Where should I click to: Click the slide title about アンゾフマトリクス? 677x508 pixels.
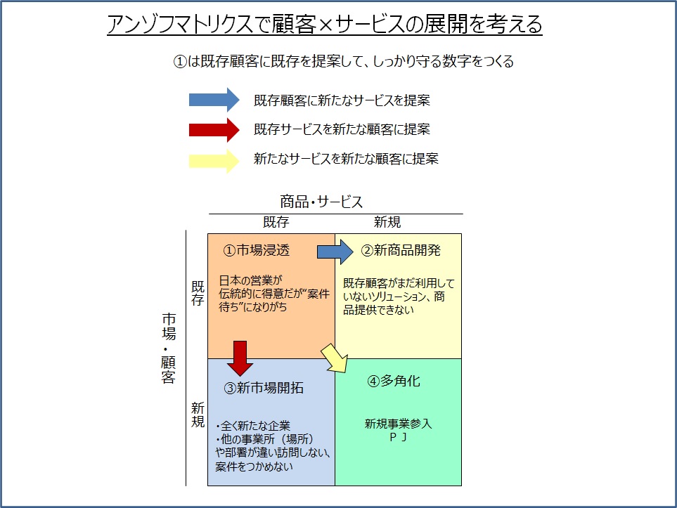pos(325,25)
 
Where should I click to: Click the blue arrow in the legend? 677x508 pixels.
pos(214,100)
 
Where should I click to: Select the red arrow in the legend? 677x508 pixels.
pos(214,129)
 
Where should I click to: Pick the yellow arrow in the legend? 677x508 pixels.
pos(214,159)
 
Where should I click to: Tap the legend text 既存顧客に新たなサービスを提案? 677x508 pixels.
pos(342,100)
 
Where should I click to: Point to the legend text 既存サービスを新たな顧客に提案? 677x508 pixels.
pos(342,129)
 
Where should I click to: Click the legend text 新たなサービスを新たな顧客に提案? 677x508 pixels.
pos(346,159)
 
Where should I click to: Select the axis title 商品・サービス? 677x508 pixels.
pos(321,202)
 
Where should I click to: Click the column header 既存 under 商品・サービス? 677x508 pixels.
pos(276,222)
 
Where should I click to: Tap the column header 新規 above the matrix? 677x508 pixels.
pos(387,222)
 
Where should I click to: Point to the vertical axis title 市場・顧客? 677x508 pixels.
pos(168,349)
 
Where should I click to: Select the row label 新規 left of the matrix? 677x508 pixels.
pos(198,415)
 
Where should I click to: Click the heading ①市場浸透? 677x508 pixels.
pos(257,250)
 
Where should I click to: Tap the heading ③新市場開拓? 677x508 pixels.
pos(264,387)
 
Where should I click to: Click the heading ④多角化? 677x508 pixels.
pos(394,381)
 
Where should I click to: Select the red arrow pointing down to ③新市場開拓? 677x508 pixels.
pos(240,358)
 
